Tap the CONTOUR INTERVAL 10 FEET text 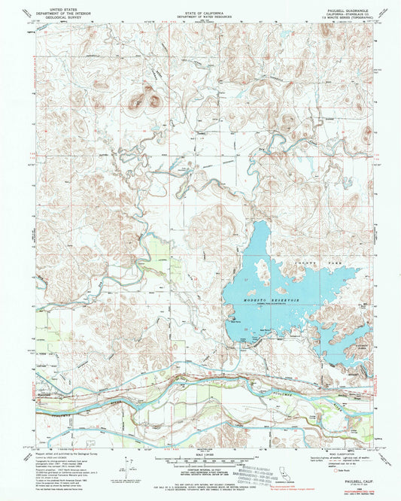click(200, 468)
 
